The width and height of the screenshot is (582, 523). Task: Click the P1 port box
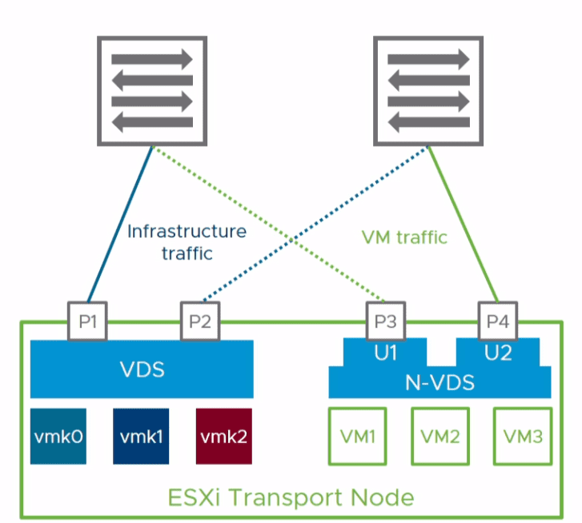click(x=87, y=322)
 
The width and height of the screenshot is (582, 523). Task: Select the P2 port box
click(x=201, y=322)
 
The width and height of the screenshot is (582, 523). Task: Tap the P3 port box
click(x=385, y=322)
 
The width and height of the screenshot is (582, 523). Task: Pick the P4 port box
click(x=498, y=322)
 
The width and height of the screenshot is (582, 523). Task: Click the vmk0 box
click(x=58, y=437)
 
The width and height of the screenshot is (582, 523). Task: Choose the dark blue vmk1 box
click(x=140, y=437)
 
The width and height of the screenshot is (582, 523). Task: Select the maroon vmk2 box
click(x=223, y=437)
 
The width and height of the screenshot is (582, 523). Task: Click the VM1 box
click(x=357, y=437)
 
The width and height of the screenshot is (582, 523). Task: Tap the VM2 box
click(x=440, y=437)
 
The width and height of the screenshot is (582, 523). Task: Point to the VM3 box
click(x=522, y=437)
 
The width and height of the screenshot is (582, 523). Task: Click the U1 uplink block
click(x=385, y=352)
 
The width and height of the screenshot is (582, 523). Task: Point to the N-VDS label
click(x=440, y=382)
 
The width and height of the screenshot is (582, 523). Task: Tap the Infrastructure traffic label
click(x=187, y=242)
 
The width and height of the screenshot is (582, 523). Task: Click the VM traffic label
click(x=404, y=237)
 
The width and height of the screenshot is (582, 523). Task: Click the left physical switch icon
click(x=152, y=90)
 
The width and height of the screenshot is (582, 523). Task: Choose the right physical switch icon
click(x=428, y=90)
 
